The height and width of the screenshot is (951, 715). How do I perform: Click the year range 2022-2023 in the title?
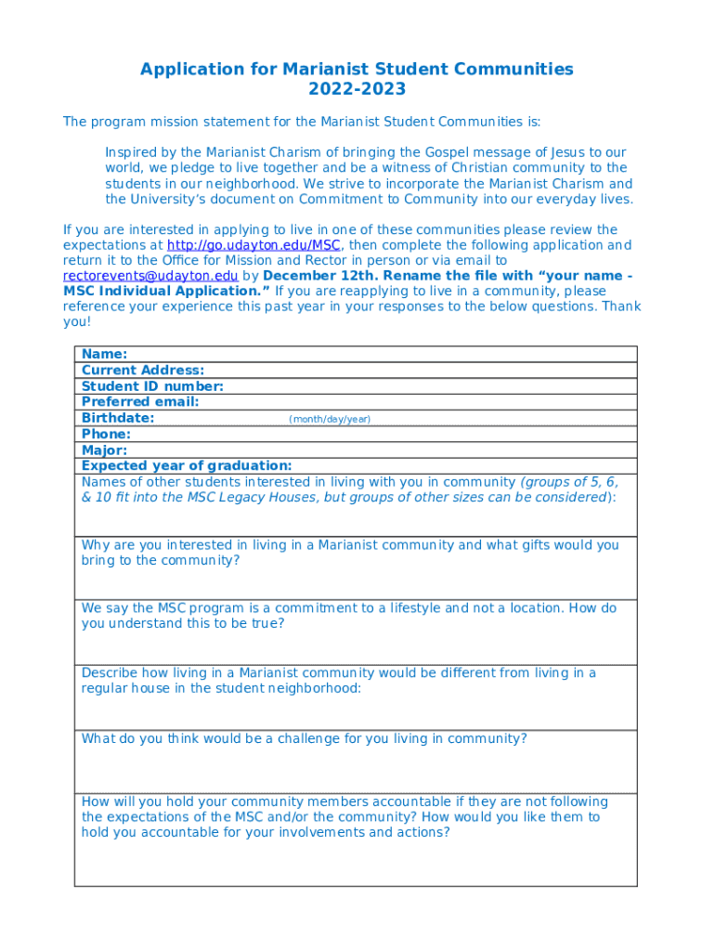[357, 89]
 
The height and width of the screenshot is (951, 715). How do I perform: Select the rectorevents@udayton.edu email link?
[150, 276]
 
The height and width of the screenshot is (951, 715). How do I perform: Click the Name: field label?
[105, 354]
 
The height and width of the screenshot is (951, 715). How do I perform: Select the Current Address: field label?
[143, 370]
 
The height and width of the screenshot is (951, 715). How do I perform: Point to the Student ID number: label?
[152, 386]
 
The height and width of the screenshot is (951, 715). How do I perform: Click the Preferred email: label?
[140, 402]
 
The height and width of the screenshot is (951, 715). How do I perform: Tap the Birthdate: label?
[118, 418]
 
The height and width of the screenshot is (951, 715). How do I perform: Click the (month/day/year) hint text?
[330, 419]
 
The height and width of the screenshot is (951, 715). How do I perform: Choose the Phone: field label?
[106, 434]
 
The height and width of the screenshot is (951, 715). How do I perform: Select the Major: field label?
[104, 449]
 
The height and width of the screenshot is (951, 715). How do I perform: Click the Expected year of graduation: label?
[187, 465]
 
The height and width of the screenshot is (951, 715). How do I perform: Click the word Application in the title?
[191, 69]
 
